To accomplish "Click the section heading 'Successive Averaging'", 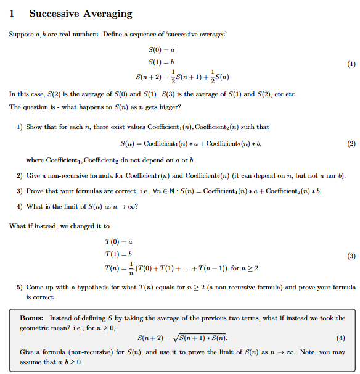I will [80, 14].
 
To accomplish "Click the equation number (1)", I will [351, 64].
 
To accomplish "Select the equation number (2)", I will [351, 144].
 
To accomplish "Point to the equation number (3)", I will [351, 255].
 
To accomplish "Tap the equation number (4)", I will [341, 338].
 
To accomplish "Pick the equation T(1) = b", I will [120, 254].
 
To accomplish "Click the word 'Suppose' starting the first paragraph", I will [22, 33].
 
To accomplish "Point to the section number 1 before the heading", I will [12, 14].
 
